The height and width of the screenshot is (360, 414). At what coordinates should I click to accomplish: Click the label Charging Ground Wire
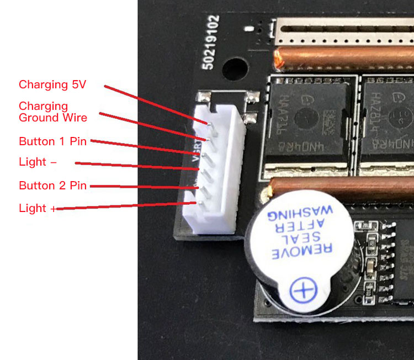[53, 112]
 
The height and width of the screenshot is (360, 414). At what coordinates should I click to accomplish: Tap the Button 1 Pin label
[53, 141]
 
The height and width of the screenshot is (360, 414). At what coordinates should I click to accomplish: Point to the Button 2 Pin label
[53, 186]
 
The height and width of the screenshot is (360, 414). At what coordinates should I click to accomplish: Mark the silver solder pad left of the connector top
[203, 98]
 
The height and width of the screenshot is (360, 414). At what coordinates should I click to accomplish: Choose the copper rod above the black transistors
[345, 57]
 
